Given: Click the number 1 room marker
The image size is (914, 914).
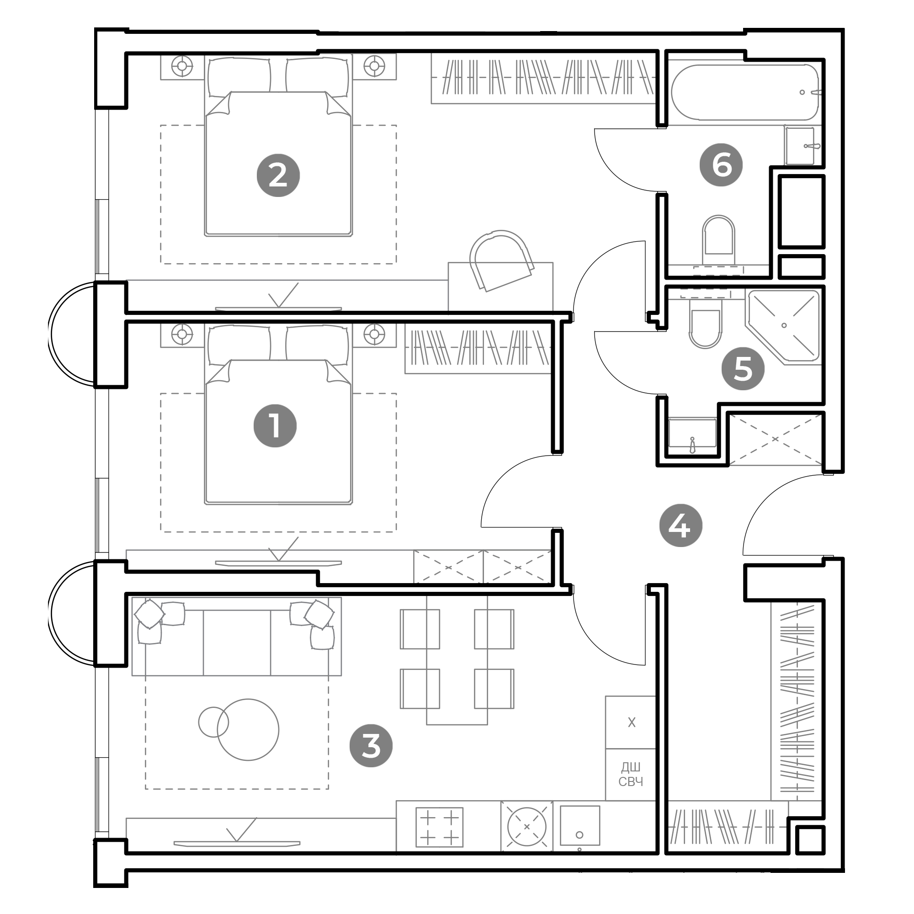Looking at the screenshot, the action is point(275,426).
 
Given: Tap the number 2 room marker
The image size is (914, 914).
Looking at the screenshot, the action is point(278,175).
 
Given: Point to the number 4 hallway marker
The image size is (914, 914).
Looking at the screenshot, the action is point(681,525).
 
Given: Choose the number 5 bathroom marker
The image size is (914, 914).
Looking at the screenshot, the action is point(743,368).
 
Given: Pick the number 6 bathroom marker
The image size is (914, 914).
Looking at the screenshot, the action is point(721,165).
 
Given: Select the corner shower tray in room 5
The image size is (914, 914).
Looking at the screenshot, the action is point(783,327).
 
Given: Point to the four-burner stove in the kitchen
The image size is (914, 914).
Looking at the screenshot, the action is point(439,828).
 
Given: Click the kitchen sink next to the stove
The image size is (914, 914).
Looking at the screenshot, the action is point(526,827).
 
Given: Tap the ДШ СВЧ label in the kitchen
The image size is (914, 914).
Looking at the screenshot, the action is point(631,775).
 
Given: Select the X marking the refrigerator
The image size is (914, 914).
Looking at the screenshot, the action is point(632,723).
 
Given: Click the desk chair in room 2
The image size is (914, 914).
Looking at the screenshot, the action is point(501,260).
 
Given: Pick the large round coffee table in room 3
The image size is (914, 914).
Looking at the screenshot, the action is point(248,730).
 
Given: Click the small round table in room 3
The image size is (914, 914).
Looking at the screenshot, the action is point(213,722).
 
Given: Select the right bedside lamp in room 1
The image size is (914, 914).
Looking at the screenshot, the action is point(374,334).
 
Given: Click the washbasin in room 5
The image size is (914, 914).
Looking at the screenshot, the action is point(692,432).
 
